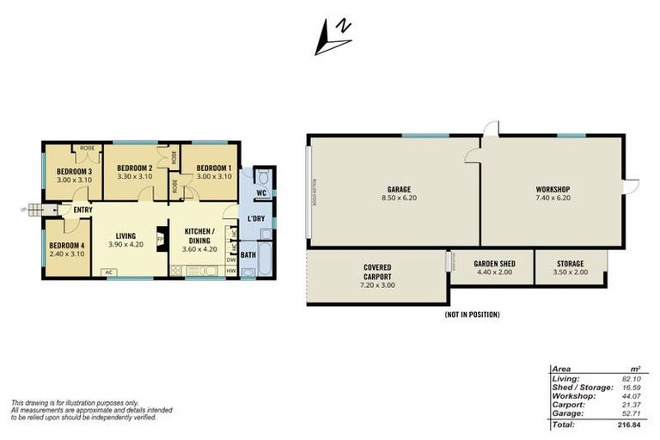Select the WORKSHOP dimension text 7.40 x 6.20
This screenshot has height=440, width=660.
click(x=553, y=198)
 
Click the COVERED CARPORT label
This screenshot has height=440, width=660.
click(x=377, y=272)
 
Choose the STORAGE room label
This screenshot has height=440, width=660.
click(x=568, y=264)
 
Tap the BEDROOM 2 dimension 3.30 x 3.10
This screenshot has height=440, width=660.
click(x=134, y=176)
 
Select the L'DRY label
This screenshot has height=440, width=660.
click(x=256, y=220)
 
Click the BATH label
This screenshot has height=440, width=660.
click(x=248, y=254)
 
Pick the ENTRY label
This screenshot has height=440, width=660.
click(x=83, y=210)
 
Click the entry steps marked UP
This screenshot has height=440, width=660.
click(x=34, y=209)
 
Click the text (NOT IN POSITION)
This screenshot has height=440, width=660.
click(x=472, y=315)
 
